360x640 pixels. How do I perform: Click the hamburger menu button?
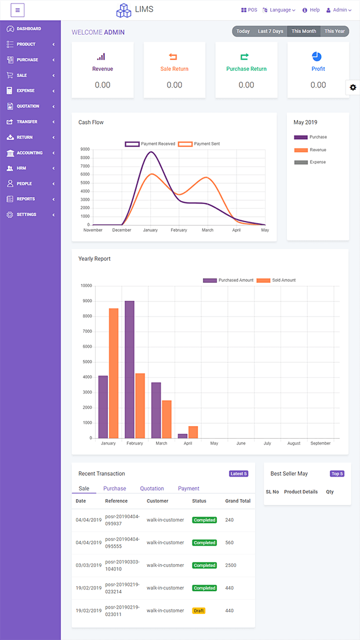click(x=17, y=10)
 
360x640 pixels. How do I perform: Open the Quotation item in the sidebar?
click(x=28, y=106)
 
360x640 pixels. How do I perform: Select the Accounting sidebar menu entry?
click(x=29, y=153)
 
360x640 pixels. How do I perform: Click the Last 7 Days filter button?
click(x=271, y=31)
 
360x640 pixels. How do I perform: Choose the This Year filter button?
click(x=334, y=31)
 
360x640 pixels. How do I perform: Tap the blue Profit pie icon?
click(x=317, y=56)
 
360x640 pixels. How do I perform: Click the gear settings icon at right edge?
click(x=353, y=87)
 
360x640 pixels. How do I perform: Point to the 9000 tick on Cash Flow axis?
click(x=85, y=149)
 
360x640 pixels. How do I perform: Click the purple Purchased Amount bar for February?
click(x=130, y=369)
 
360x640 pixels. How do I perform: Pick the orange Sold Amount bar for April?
click(x=194, y=432)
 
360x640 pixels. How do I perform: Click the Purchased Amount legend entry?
click(x=228, y=281)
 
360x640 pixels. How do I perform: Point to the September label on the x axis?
click(x=320, y=443)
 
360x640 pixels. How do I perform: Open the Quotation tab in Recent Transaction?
click(x=152, y=489)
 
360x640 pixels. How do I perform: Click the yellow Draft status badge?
click(x=198, y=610)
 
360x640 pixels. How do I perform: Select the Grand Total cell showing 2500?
click(x=231, y=565)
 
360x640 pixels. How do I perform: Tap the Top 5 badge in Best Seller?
click(x=337, y=474)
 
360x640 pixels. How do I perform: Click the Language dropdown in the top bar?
click(x=279, y=10)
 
